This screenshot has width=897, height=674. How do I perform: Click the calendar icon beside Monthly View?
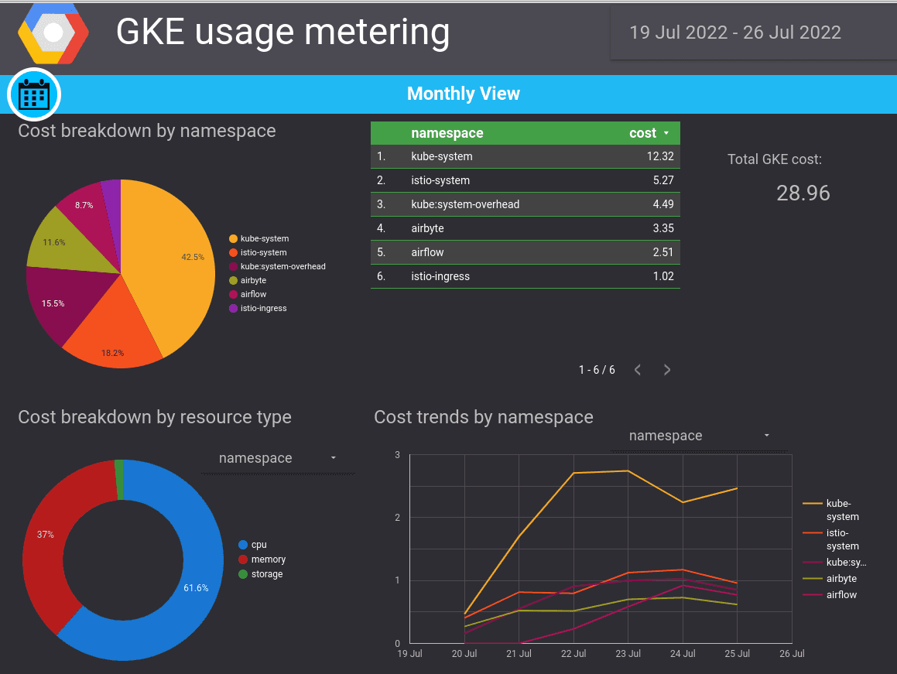pyautogui.click(x=34, y=94)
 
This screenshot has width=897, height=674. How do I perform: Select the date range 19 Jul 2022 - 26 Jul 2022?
pyautogui.click(x=734, y=33)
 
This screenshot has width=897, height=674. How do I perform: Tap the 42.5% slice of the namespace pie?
pyautogui.click(x=174, y=255)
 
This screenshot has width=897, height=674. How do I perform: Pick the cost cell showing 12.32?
pyautogui.click(x=660, y=156)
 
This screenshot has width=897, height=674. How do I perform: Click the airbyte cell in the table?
pyautogui.click(x=427, y=228)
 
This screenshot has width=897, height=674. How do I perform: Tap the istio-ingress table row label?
pyautogui.click(x=440, y=276)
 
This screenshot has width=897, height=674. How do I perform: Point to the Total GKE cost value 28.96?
pyautogui.click(x=803, y=193)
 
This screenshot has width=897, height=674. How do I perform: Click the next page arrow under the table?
pyautogui.click(x=667, y=370)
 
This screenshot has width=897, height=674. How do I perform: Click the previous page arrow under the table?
pyautogui.click(x=638, y=370)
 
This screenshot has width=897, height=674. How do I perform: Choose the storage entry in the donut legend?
pyautogui.click(x=267, y=574)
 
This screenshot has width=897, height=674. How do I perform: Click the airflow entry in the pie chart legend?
pyautogui.click(x=253, y=294)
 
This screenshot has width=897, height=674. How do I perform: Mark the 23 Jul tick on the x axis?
pyautogui.click(x=628, y=654)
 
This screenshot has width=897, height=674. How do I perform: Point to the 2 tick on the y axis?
pyautogui.click(x=397, y=517)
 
